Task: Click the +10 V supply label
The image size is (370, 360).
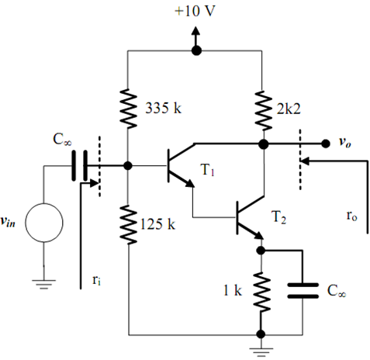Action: pos(195,12)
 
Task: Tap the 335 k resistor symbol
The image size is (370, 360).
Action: pos(128,109)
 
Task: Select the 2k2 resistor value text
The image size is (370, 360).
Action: pos(289,109)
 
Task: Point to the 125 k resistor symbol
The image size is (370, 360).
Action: pos(128,224)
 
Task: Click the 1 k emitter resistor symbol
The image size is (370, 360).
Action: pos(261,292)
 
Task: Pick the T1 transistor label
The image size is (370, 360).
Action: pos(208,170)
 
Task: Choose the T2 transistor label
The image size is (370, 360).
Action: pos(278,216)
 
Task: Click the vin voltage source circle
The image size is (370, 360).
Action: pos(44,223)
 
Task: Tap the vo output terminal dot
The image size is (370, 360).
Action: pos(325,144)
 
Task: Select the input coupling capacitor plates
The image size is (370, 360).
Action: pos(79,166)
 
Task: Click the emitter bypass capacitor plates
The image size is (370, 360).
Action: pos(303,291)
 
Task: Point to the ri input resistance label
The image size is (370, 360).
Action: pos(96,280)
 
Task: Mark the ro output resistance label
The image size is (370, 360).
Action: pos(351,216)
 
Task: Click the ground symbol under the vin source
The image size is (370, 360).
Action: pos(44,284)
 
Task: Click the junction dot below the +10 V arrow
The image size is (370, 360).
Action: pos(196,50)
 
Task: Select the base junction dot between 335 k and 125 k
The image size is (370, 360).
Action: pos(128,166)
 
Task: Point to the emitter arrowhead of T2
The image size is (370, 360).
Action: pos(259,235)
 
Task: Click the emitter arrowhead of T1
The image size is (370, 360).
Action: pos(189,183)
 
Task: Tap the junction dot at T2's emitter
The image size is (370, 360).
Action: pos(261,251)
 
